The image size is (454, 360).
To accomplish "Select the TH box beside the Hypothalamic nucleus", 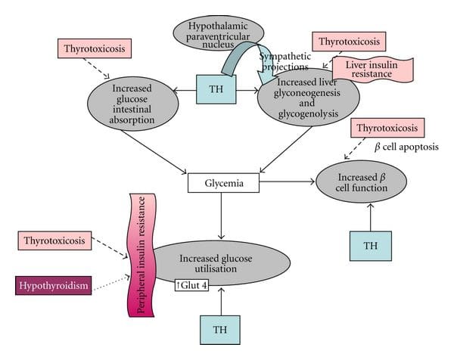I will point(216,89).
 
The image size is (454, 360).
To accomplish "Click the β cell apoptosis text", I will point(406,147).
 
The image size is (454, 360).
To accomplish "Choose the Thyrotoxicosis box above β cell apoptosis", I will point(387,127).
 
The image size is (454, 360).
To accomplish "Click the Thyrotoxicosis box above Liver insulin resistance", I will point(348,42).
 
